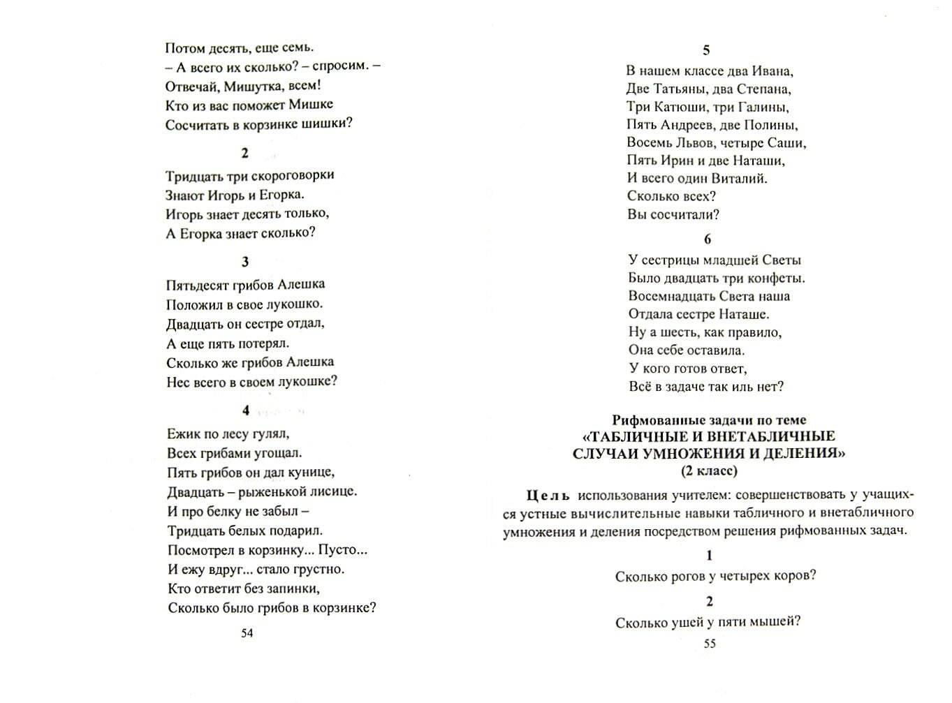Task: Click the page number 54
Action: [246, 633]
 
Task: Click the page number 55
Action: [709, 644]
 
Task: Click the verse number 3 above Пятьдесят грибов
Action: [245, 262]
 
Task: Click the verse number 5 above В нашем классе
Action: [706, 50]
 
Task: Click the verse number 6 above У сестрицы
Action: [707, 239]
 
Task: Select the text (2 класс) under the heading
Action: [709, 471]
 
